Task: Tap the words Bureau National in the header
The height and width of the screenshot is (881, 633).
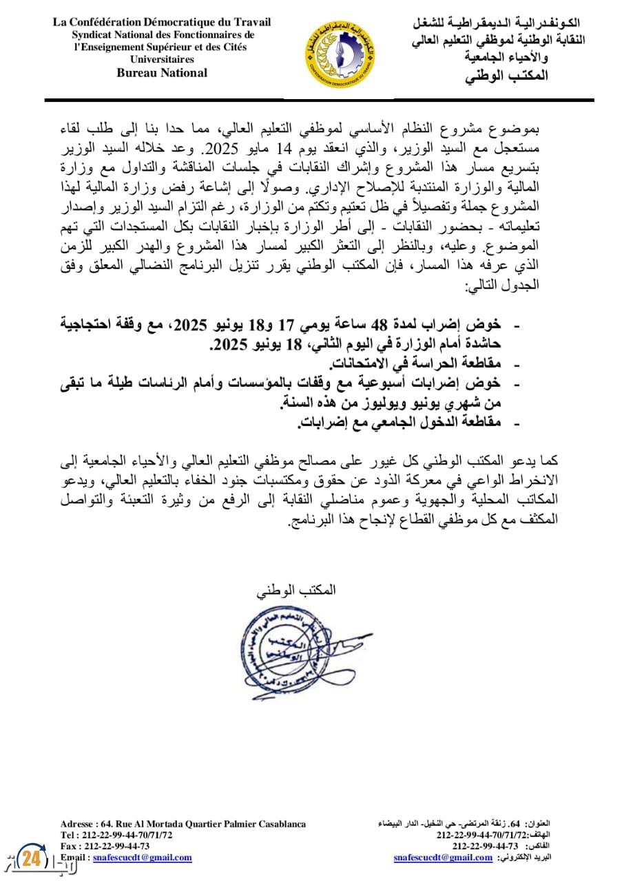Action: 162,73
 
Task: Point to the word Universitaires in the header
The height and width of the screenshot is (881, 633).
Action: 162,60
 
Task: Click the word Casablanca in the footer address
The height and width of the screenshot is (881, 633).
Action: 279,824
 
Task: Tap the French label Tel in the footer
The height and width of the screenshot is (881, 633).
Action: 68,835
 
